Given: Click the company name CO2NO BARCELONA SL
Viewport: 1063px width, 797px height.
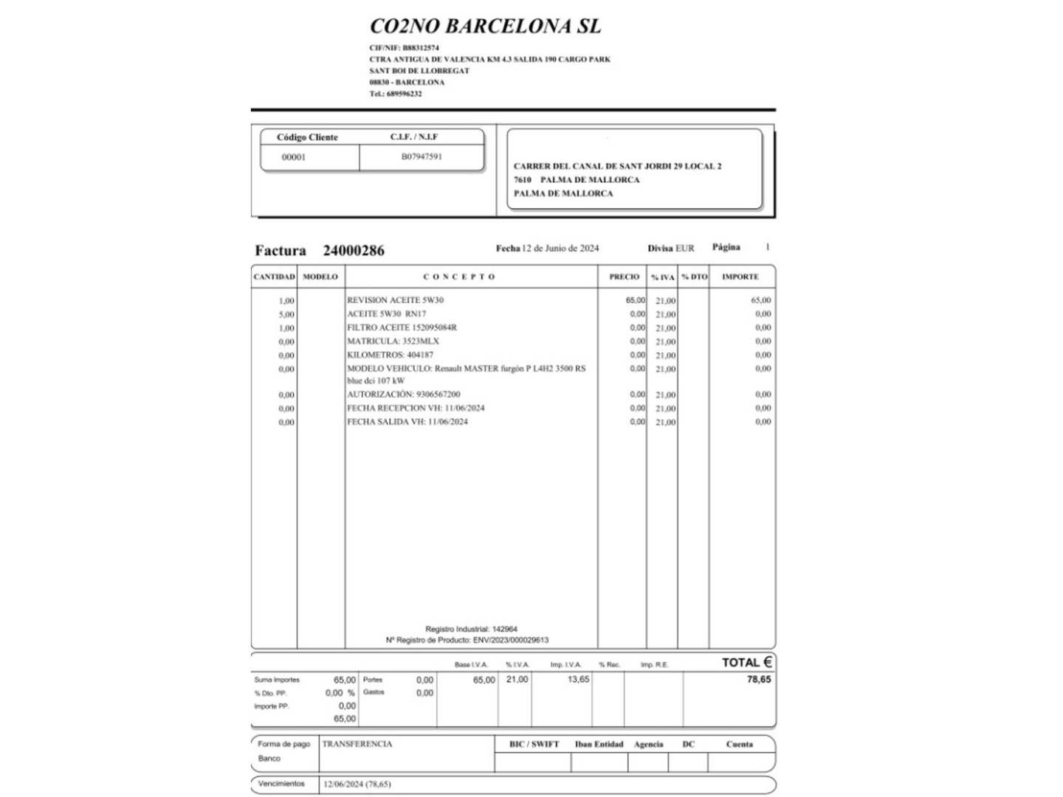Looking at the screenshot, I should [485, 27].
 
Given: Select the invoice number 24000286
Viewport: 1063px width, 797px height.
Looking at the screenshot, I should [354, 250].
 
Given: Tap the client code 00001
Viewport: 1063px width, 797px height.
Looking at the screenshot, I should [294, 157].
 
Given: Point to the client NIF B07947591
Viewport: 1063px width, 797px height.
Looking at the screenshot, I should [422, 156].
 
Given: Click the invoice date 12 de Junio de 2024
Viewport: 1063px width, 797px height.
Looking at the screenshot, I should [560, 249].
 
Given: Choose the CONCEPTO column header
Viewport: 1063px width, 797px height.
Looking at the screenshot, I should [459, 277].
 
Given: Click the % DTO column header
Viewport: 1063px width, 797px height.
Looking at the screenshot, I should [694, 277].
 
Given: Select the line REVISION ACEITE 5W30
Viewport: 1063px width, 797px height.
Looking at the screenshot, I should [395, 300].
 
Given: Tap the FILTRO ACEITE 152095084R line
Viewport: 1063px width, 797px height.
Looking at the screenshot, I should [402, 328].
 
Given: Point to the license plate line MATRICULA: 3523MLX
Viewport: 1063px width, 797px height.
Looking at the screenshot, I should [393, 342].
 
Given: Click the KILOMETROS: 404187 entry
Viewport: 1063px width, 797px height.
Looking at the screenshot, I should [390, 355].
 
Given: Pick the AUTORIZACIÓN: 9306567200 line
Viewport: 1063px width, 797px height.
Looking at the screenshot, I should [403, 395].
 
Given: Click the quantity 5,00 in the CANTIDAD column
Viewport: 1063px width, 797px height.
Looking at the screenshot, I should [286, 314].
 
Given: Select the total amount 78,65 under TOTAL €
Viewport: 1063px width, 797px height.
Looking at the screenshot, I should [758, 680].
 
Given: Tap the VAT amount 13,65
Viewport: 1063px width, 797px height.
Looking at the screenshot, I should [578, 680].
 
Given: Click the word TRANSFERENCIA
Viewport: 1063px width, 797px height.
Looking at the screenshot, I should [357, 744].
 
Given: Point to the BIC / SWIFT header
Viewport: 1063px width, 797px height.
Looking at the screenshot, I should [534, 745].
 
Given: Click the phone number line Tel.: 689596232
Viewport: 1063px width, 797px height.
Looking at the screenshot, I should [396, 94].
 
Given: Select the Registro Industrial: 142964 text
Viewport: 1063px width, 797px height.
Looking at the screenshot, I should [471, 629].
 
